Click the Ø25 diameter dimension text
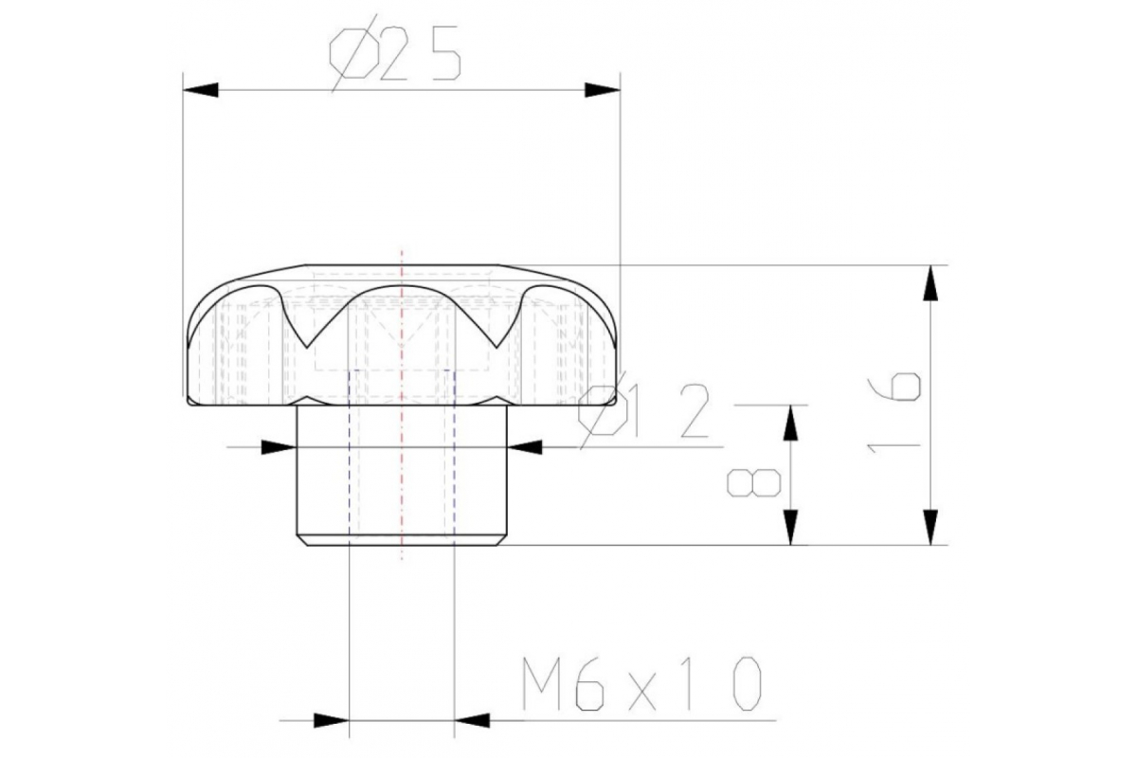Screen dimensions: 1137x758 (x=395, y=55)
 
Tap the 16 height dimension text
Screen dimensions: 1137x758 (x=893, y=413)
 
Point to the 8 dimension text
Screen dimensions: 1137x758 (x=754, y=483)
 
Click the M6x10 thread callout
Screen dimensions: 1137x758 (x=642, y=683)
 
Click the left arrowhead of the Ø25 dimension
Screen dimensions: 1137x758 (x=201, y=90)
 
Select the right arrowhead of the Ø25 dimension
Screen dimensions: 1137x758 (x=603, y=90)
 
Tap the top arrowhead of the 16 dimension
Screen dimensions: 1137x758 (x=929, y=282)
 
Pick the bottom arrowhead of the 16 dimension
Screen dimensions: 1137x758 (x=929, y=527)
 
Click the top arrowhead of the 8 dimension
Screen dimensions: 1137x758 (x=790, y=423)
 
